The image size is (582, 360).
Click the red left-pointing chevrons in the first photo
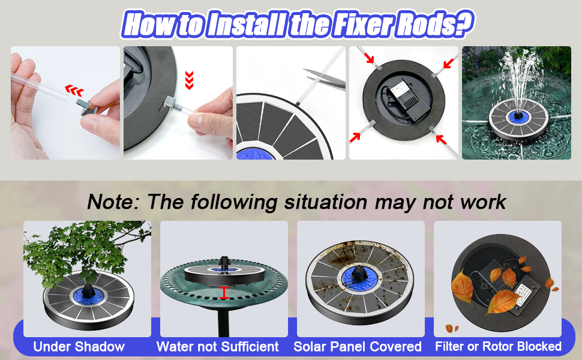(x=74, y=90)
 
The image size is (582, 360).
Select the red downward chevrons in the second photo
(x=189, y=80)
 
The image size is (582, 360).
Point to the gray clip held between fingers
(x=87, y=107)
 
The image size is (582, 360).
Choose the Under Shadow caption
(x=79, y=346)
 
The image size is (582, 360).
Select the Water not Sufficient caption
(x=218, y=346)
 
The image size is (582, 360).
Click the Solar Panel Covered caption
(x=358, y=346)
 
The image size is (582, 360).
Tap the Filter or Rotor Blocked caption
(x=498, y=346)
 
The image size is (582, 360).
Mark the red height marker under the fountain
(x=223, y=293)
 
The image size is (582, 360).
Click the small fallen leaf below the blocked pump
(x=451, y=328)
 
